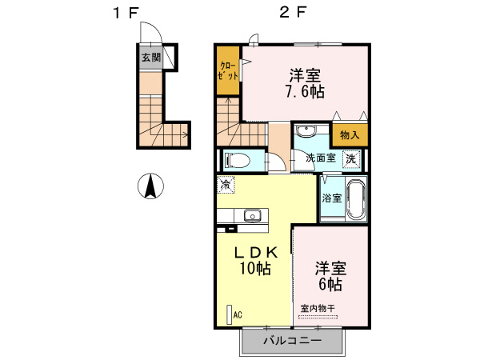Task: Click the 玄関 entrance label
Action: [150, 58]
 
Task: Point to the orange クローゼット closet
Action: [227, 70]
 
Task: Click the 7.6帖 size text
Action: [305, 92]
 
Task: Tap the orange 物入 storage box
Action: [350, 135]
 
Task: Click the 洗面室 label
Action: [321, 158]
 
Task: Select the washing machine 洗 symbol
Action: [350, 158]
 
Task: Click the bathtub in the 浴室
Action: [355, 198]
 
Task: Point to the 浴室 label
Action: [331, 197]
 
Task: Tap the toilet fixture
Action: [238, 158]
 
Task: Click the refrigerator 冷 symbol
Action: [226, 184]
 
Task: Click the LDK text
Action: [254, 252]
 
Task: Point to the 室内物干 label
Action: [318, 308]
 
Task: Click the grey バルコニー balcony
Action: [293, 342]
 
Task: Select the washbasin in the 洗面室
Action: [305, 132]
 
